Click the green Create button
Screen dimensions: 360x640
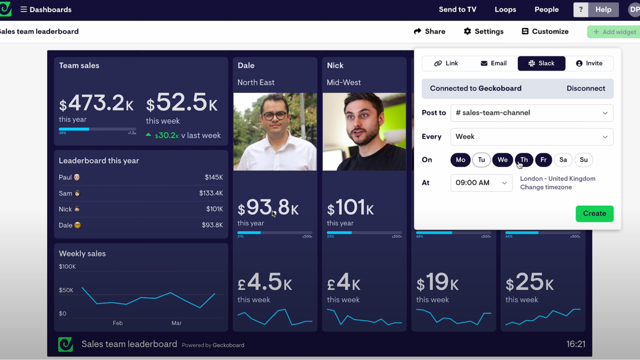(x=594, y=213)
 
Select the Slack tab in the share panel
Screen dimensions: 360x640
(x=541, y=63)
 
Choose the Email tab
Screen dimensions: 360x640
(x=493, y=63)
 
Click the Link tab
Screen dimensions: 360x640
(x=446, y=63)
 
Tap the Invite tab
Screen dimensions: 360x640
(x=589, y=63)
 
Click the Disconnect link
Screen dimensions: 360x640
(x=585, y=88)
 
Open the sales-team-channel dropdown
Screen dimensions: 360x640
(x=531, y=113)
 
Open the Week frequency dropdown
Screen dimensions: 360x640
(x=531, y=137)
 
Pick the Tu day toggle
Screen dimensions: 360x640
(x=481, y=160)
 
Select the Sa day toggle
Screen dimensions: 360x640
(x=563, y=160)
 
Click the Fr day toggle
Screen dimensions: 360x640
(x=543, y=160)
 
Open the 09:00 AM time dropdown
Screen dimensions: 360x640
(x=481, y=183)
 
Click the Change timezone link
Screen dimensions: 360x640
(x=545, y=187)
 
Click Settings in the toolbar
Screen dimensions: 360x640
(x=483, y=31)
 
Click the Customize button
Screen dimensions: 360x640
(x=545, y=31)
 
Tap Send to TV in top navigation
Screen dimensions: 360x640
(x=457, y=9)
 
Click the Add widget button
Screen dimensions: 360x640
(x=614, y=32)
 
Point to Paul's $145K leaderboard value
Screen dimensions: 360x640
(x=214, y=177)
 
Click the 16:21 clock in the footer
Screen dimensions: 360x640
(x=575, y=344)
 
